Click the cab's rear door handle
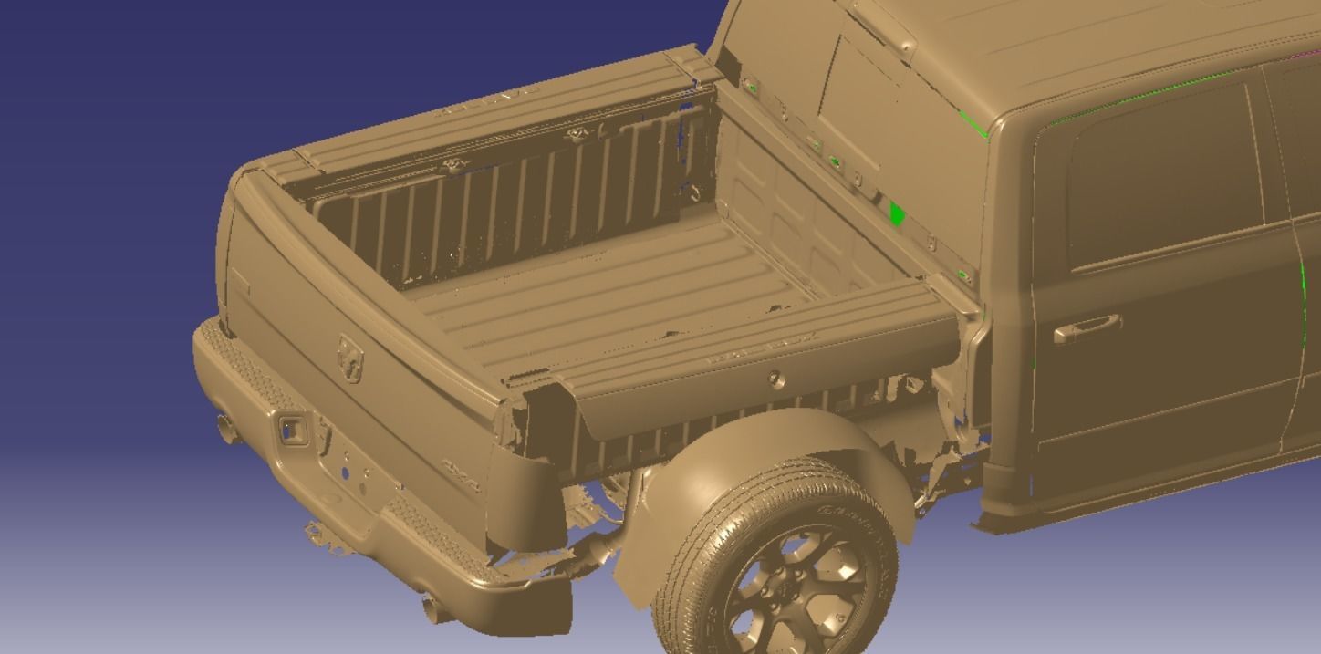coord(1087,327)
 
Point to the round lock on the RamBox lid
coord(775,378)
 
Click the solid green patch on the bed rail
coord(896,213)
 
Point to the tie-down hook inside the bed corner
coord(695,192)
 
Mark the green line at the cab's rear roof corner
coord(973,125)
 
